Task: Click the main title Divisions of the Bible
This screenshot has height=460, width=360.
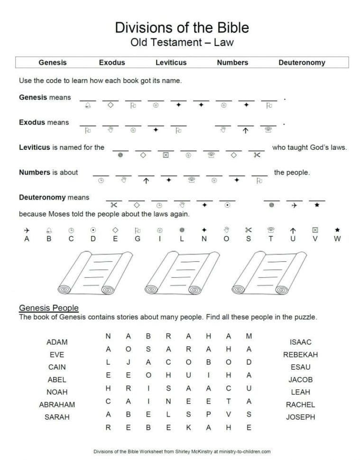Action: [182, 27]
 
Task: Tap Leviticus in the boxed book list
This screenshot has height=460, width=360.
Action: [171, 63]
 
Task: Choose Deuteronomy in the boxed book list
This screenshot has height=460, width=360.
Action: [302, 63]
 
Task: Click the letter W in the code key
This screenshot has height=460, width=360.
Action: [337, 239]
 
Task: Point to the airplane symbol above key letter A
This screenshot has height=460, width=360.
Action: [27, 230]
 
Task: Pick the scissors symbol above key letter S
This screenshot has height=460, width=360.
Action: [248, 230]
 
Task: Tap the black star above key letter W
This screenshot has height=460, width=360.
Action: [337, 230]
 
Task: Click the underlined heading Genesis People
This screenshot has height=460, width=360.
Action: [48, 308]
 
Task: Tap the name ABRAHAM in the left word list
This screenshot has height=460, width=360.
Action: [57, 405]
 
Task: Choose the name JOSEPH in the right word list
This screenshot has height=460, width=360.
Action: [300, 417]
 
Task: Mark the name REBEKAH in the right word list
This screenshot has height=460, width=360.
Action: [300, 354]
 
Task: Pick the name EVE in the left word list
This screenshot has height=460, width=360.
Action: [57, 354]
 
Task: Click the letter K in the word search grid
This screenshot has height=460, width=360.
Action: [188, 427]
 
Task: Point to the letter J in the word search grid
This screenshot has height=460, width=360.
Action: [129, 362]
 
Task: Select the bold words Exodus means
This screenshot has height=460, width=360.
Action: [44, 122]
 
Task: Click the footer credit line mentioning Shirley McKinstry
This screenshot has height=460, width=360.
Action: [182, 452]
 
